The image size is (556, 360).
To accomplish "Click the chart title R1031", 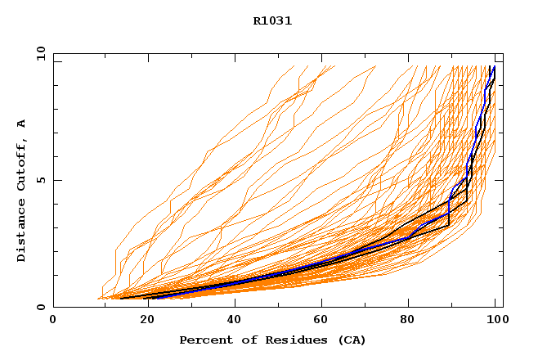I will [x=272, y=21].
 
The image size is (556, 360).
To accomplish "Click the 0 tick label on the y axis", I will [x=40, y=307].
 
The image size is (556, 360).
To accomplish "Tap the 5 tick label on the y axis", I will [x=40, y=180].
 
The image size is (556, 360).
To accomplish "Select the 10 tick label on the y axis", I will [x=40, y=54].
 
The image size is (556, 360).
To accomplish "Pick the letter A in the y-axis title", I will [x=22, y=124].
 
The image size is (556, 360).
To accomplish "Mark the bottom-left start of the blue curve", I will [x=150, y=298].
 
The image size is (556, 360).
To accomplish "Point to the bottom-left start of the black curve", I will [x=120, y=299].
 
